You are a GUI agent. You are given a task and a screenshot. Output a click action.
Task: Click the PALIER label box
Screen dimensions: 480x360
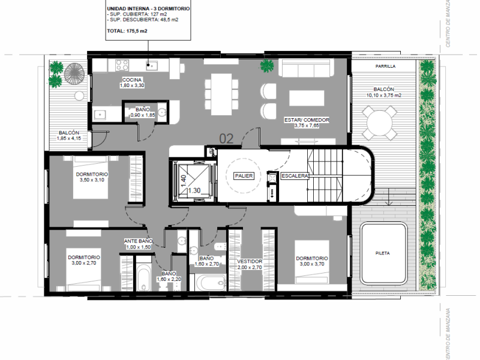point(244,176)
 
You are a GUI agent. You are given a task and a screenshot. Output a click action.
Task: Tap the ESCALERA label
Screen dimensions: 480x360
point(295,176)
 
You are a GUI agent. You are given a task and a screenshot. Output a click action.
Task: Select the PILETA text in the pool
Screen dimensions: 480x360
point(383,253)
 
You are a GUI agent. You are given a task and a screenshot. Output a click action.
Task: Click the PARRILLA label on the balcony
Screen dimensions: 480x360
point(385,66)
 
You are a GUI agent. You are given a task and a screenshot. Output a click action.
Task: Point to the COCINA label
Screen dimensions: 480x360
point(132,80)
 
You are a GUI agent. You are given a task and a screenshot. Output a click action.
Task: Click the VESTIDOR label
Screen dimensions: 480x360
point(250,262)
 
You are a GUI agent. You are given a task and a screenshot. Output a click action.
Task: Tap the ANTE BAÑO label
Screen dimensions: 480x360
point(138,241)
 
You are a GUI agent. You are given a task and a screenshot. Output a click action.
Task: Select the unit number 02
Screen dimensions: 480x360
point(226,139)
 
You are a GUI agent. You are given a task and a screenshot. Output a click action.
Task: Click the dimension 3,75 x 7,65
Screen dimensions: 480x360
point(307,125)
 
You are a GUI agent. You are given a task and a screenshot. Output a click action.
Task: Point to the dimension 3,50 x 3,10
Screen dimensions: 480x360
point(92,180)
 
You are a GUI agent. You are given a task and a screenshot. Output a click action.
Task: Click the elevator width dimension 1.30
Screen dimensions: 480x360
point(194,190)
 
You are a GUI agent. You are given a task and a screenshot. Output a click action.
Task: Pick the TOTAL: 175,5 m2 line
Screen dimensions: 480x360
point(127,31)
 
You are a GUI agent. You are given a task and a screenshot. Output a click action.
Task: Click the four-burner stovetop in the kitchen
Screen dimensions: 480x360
point(122,65)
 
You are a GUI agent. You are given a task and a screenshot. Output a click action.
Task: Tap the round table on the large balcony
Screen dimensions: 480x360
point(380,123)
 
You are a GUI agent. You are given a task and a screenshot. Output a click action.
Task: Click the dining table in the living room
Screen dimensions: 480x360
point(221,94)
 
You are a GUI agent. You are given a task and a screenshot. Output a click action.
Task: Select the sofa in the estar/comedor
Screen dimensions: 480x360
point(306,68)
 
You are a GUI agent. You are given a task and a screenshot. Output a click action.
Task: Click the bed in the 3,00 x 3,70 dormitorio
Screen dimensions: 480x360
point(312,262)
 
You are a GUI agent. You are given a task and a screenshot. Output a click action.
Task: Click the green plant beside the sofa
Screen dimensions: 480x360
point(267,65)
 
